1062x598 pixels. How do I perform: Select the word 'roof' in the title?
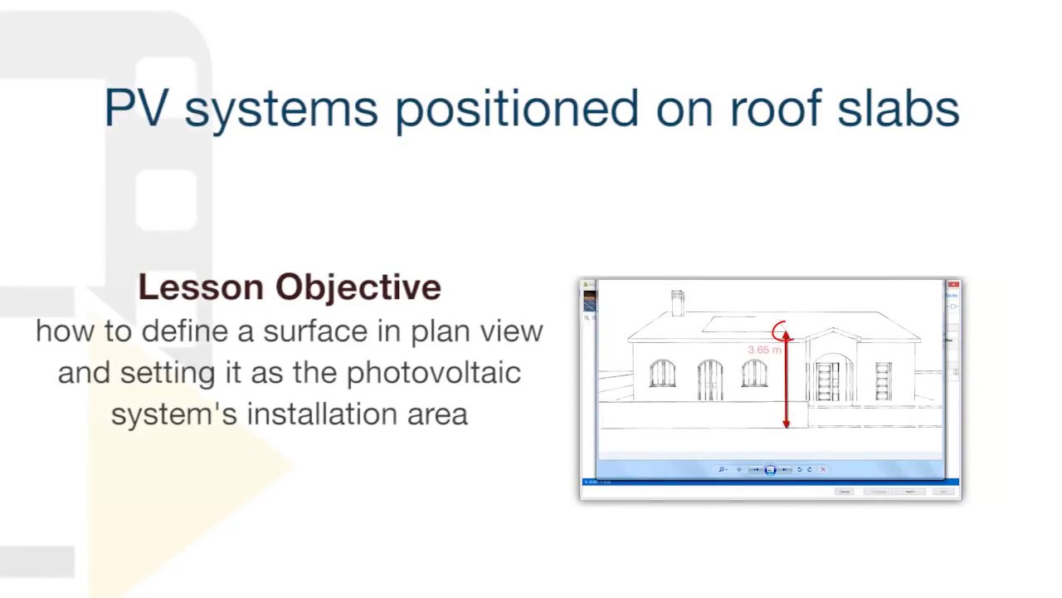click(x=776, y=109)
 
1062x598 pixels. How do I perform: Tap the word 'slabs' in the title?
click(x=898, y=109)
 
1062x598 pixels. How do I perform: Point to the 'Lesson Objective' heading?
click(x=290, y=287)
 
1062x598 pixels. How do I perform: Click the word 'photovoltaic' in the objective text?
click(x=433, y=373)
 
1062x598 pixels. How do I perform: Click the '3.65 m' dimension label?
click(x=764, y=350)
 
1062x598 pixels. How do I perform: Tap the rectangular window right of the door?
click(x=883, y=380)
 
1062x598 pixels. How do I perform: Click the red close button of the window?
click(x=953, y=285)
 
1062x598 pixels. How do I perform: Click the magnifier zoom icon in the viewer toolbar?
click(x=722, y=469)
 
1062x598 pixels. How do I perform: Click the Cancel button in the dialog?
click(x=845, y=492)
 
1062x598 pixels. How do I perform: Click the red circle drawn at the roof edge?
click(x=781, y=332)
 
